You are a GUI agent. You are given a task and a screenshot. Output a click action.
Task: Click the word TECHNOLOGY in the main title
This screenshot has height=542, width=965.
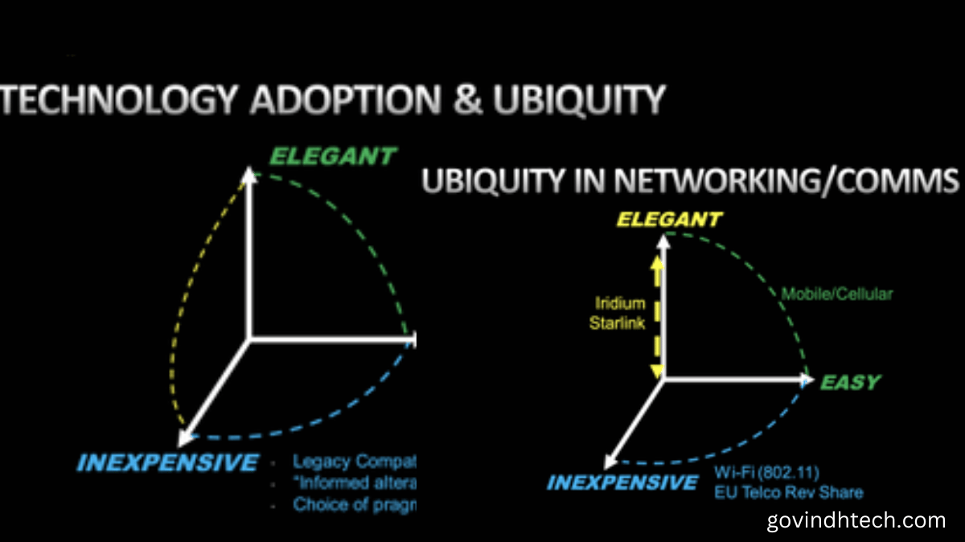pos(119,100)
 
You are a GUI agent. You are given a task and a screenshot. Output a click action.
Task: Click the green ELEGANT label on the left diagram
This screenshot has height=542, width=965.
pos(333,155)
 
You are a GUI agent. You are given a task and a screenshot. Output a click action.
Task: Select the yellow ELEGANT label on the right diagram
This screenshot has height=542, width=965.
pos(668,219)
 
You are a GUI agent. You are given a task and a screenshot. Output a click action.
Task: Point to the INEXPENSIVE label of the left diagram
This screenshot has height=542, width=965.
pos(167,462)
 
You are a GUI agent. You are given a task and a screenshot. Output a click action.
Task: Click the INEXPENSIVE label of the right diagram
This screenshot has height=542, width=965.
pos(622,482)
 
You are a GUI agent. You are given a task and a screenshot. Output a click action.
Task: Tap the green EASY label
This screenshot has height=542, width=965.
pos(850,383)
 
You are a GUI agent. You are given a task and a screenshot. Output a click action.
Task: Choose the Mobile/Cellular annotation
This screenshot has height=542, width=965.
pos(836,294)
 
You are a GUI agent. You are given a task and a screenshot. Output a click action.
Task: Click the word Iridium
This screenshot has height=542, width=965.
pos(620,303)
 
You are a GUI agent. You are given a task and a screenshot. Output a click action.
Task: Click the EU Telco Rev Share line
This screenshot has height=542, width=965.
pos(789,491)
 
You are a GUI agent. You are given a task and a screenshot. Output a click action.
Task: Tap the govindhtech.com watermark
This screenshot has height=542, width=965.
pos(856,519)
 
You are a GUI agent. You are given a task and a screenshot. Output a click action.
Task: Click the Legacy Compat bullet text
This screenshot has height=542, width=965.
pos(354,462)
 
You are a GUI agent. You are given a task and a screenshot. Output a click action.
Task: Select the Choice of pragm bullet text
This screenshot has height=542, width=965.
pos(354,505)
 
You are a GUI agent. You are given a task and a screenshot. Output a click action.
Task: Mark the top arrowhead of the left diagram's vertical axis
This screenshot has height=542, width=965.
pos(250,173)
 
